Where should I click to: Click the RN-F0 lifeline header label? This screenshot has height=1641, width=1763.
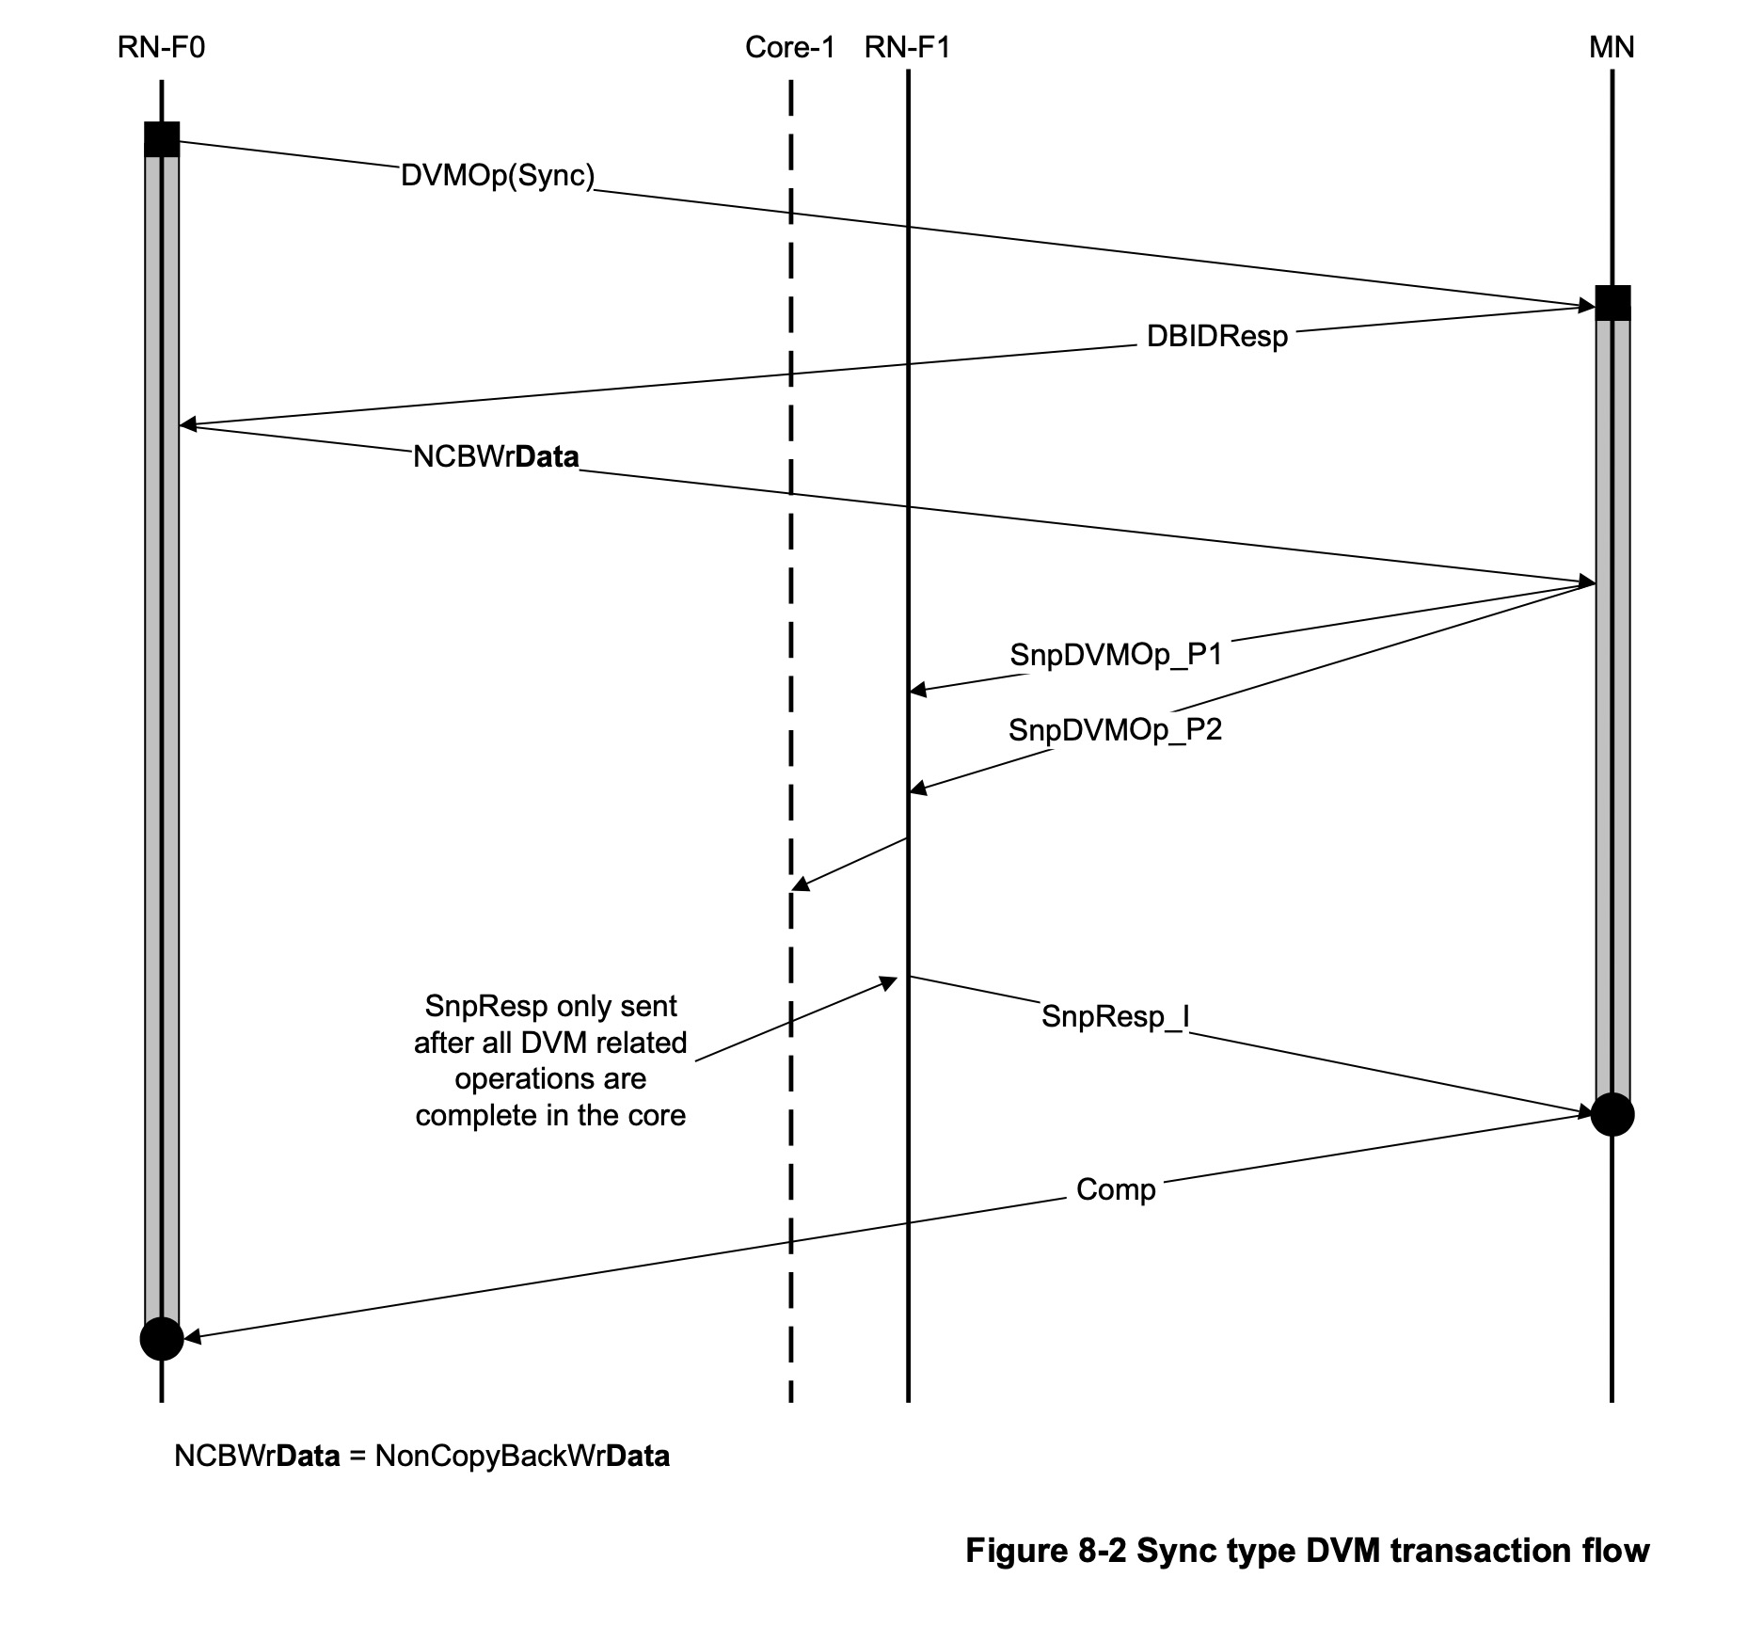coord(161,47)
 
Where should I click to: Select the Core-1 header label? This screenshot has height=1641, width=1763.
coord(789,47)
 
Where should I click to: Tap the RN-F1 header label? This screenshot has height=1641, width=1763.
coord(907,47)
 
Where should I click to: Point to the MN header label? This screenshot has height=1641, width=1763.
coord(1612,47)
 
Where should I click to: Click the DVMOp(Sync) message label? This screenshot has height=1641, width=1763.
coord(498,176)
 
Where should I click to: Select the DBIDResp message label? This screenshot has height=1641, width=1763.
coord(1216,337)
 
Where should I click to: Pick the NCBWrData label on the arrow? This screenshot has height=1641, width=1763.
coord(496,457)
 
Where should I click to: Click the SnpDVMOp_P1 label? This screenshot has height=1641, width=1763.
coord(1116,655)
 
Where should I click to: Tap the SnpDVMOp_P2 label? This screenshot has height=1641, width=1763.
coord(1115,730)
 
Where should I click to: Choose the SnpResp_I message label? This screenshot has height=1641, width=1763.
coord(1115,1016)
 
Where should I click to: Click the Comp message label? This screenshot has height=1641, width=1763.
coord(1116,1189)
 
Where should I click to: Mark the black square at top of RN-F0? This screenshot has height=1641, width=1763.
coord(162,139)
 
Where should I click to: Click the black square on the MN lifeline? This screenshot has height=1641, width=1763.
coord(1612,303)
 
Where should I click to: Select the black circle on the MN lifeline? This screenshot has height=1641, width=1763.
coord(1612,1114)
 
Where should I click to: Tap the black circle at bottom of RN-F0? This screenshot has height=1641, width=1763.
coord(162,1338)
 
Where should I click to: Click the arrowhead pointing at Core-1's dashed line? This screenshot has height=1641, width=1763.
coord(800,884)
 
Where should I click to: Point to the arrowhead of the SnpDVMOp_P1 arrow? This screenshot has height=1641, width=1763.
coord(917,691)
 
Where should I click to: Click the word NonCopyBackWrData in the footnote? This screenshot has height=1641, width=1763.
coord(522,1457)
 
